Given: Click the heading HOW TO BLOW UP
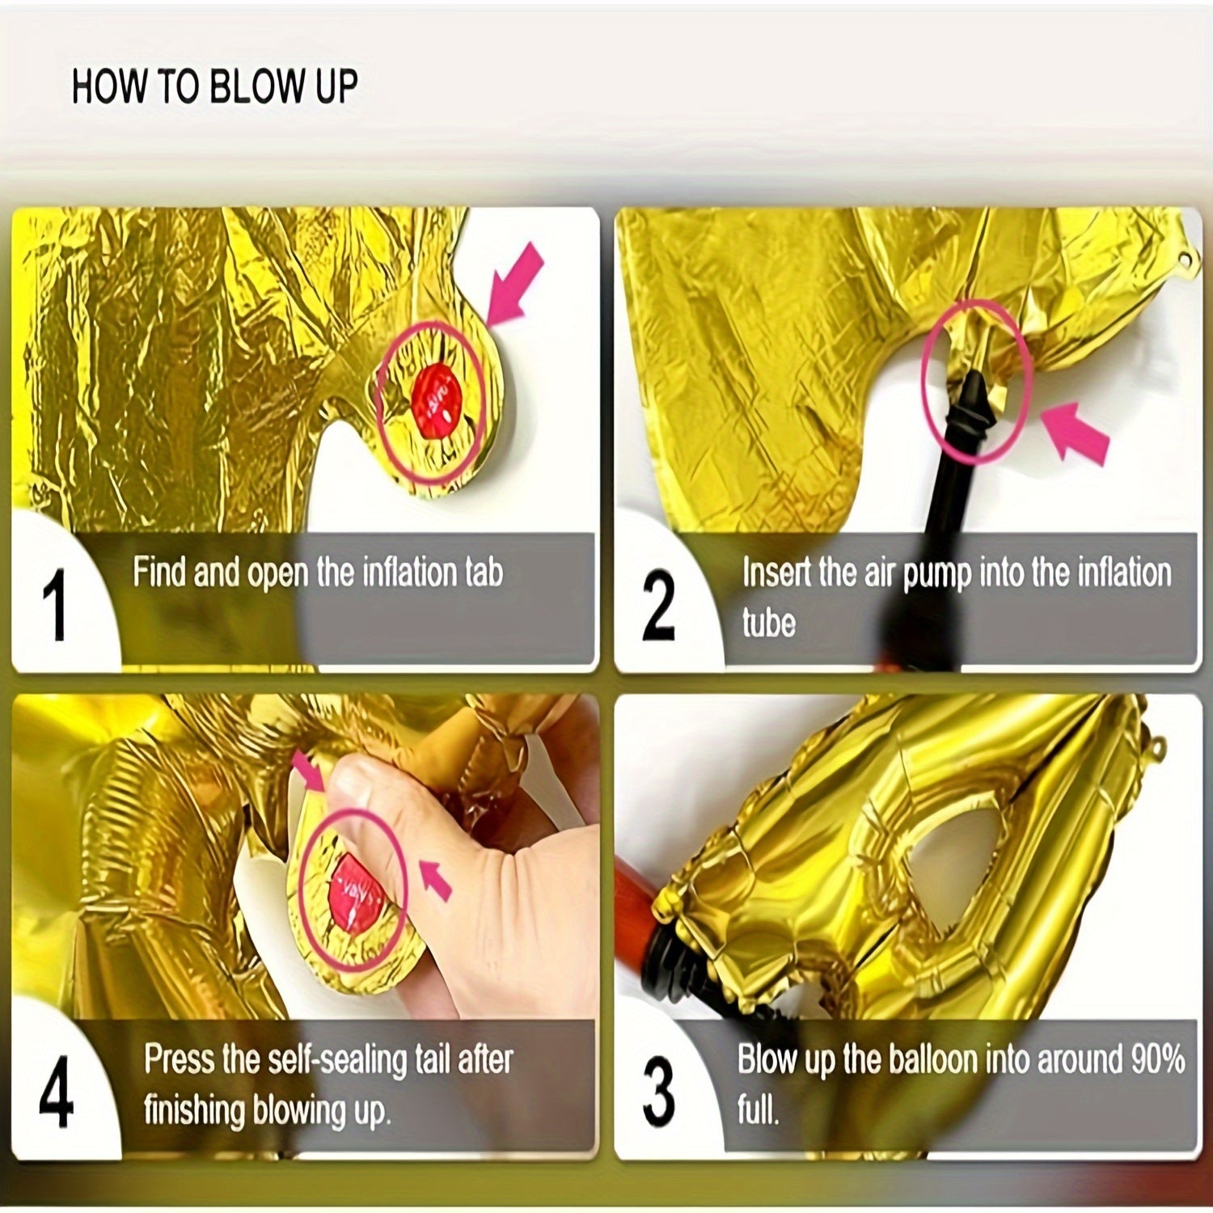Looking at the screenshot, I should point(214,87).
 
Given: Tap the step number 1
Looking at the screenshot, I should point(56,605).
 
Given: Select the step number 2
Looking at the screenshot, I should point(658,605).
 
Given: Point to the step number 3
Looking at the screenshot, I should point(658,1092).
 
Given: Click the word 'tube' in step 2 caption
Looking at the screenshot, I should point(768,623).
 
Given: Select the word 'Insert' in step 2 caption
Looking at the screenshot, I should point(776,573).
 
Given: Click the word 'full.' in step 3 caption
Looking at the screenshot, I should point(758,1109).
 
